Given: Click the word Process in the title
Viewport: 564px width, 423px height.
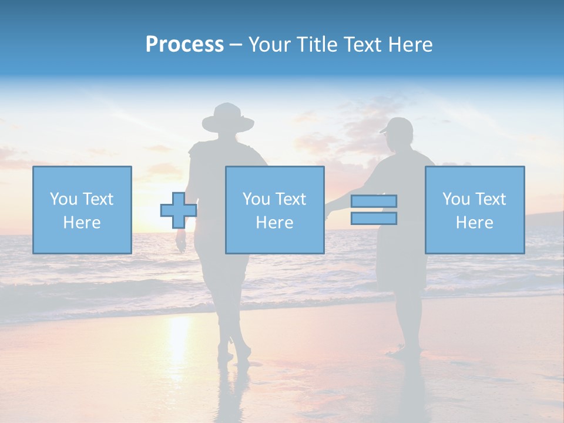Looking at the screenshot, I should click(184, 45).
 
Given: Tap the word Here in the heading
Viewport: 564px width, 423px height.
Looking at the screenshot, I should click(410, 45).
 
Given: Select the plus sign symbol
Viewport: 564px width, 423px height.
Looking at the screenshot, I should click(179, 210).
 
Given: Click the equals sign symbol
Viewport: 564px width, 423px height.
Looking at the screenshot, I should click(374, 210).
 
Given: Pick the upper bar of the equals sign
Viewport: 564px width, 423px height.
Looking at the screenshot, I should click(374, 201).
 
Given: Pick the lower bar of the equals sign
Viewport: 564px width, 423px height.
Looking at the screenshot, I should click(374, 219).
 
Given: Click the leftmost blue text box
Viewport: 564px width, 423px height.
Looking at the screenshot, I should click(82, 210).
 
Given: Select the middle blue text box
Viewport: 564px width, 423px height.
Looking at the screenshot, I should click(274, 210).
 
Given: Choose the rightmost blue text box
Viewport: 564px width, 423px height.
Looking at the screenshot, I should click(475, 210).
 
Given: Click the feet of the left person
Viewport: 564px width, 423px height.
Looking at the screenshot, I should click(234, 353).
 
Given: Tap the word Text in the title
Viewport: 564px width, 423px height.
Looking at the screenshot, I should click(363, 45).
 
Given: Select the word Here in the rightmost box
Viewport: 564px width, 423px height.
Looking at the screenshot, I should click(475, 222).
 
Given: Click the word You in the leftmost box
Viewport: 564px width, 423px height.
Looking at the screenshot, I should click(63, 199).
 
